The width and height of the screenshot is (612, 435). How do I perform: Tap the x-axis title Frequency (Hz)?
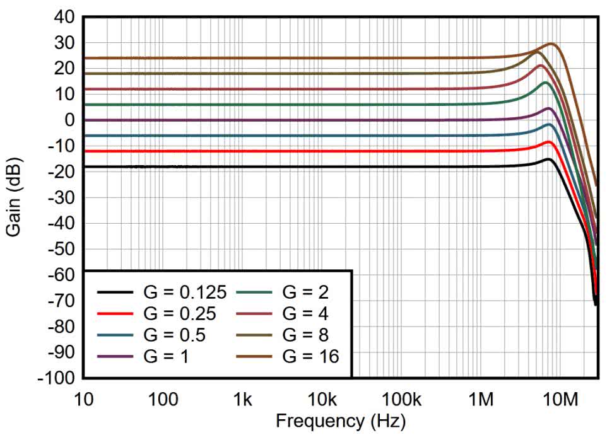(341, 420)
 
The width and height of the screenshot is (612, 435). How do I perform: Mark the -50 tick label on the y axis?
(62, 249)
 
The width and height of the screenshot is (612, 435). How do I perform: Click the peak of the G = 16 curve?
(551, 43)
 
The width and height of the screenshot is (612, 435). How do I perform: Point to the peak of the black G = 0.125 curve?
(550, 159)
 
